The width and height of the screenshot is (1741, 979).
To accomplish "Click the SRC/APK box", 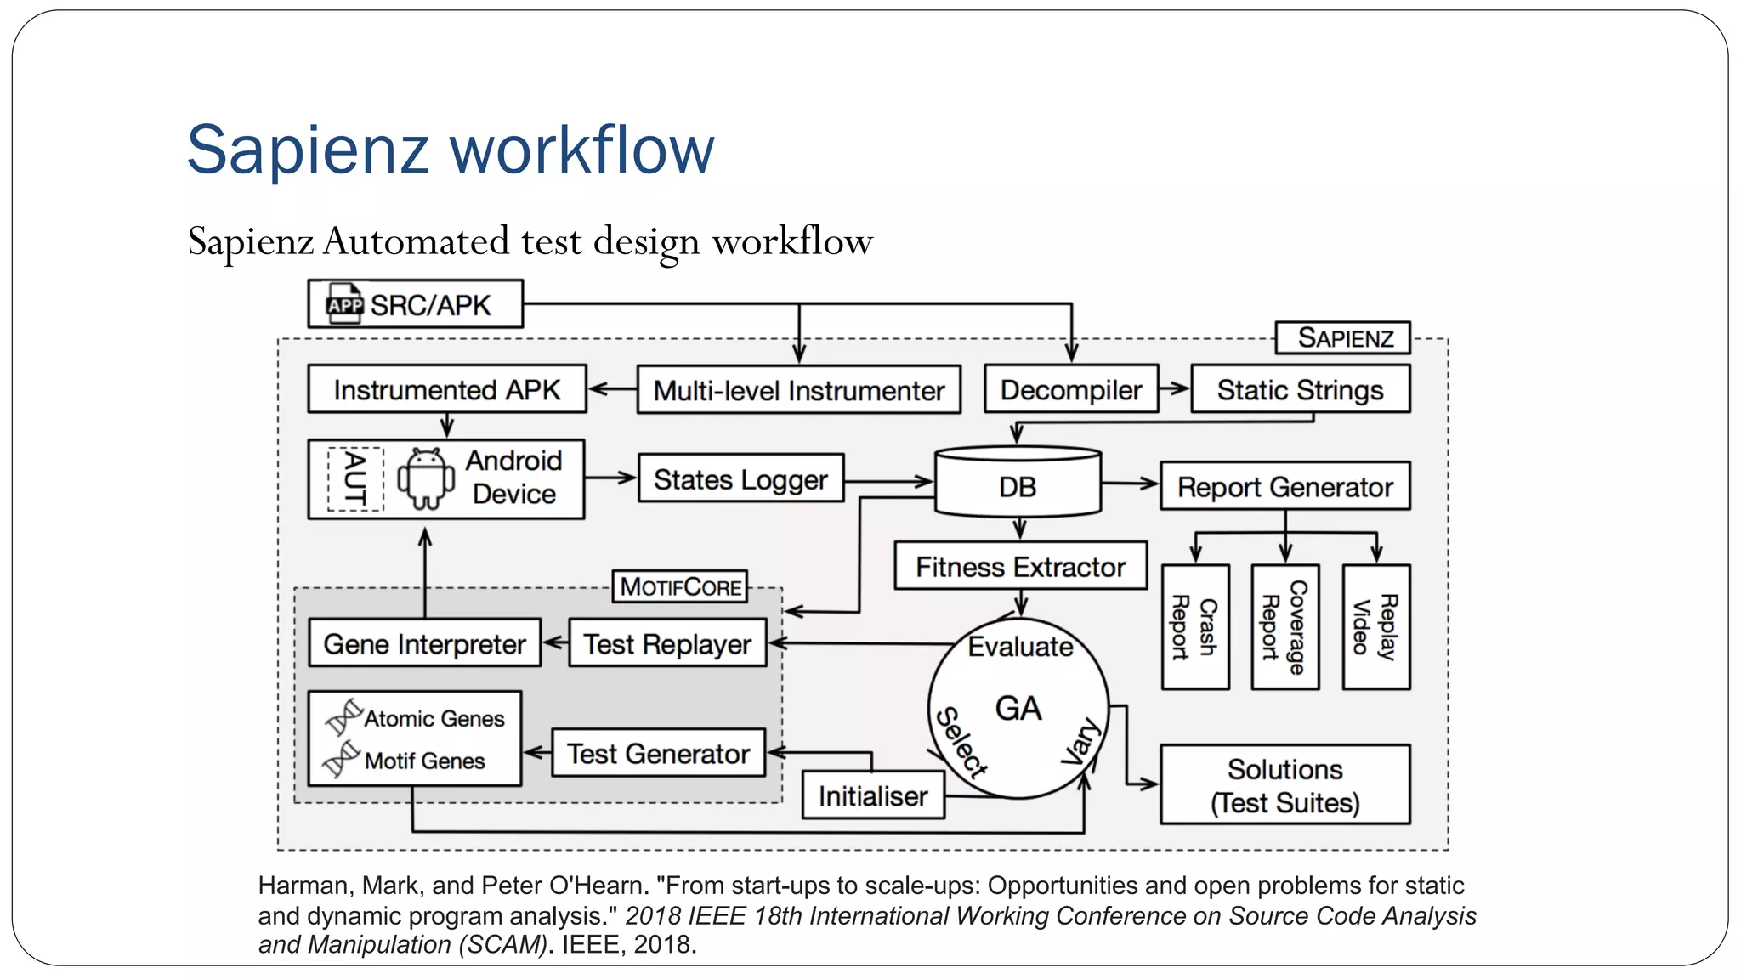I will click(415, 304).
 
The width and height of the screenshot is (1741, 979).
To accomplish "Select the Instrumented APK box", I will click(446, 389).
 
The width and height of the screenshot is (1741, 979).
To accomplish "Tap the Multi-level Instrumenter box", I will click(798, 390).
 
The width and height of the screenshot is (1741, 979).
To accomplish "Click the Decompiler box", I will click(1070, 389).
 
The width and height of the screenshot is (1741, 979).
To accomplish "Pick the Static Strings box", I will click(1300, 389).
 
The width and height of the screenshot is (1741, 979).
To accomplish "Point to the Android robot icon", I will click(426, 479).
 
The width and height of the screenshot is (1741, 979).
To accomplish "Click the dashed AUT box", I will click(355, 479).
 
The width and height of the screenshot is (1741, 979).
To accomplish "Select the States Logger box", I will click(740, 479).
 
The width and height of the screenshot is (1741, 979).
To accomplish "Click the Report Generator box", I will click(1284, 486).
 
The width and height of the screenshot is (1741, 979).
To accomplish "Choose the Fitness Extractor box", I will click(1020, 566).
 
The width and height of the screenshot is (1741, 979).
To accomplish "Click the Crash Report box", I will click(1194, 627).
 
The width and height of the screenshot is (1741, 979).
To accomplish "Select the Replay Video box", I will click(1375, 627).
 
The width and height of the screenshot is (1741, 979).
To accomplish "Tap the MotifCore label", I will click(680, 586).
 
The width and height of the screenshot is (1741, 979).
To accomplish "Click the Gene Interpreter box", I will click(424, 643).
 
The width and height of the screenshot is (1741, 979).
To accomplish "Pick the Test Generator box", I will click(658, 753).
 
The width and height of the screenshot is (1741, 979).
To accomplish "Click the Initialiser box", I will click(873, 795).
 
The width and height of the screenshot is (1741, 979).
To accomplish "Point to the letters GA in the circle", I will click(1018, 708).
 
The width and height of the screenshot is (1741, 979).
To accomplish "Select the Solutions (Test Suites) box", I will click(1284, 784).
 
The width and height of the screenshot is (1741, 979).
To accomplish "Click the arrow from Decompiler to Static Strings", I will click(1174, 389).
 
